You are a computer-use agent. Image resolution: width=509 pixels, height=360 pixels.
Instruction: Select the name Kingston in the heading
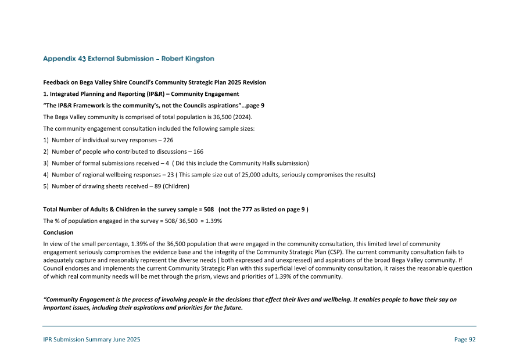197,59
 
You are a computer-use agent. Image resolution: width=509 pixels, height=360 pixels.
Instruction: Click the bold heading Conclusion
58,232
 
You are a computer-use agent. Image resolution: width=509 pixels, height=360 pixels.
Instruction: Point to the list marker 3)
46,163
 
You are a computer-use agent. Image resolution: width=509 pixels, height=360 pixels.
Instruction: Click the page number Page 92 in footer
465,340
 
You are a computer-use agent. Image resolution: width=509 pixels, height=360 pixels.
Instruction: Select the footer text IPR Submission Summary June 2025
92,340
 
